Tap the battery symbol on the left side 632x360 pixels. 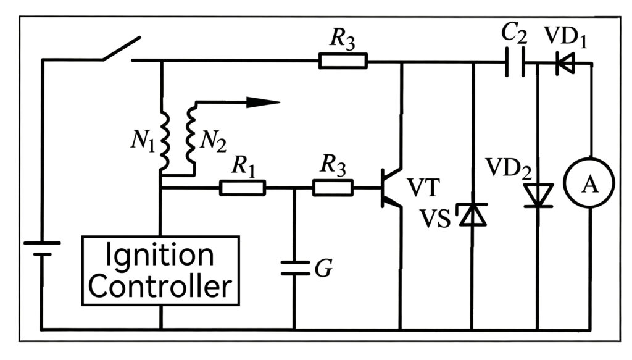tap(42, 249)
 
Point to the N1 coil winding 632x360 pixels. tap(164, 140)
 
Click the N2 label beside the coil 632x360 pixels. tap(213, 141)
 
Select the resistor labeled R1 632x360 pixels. tap(243, 188)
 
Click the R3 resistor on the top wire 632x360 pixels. tap(343, 61)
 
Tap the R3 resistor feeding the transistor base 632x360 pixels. tap(333, 188)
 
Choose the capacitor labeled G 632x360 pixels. tap(294, 268)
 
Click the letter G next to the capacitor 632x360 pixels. tap(323, 268)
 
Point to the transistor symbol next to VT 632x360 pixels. tap(391, 188)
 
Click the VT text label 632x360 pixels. tap(423, 188)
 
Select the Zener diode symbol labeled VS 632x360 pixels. tap(472, 214)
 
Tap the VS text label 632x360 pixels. tap(435, 219)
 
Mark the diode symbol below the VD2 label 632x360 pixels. tap(538, 196)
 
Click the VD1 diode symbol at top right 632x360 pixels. tap(565, 64)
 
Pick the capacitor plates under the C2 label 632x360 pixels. tap(515, 62)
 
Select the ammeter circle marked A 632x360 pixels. tap(589, 183)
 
